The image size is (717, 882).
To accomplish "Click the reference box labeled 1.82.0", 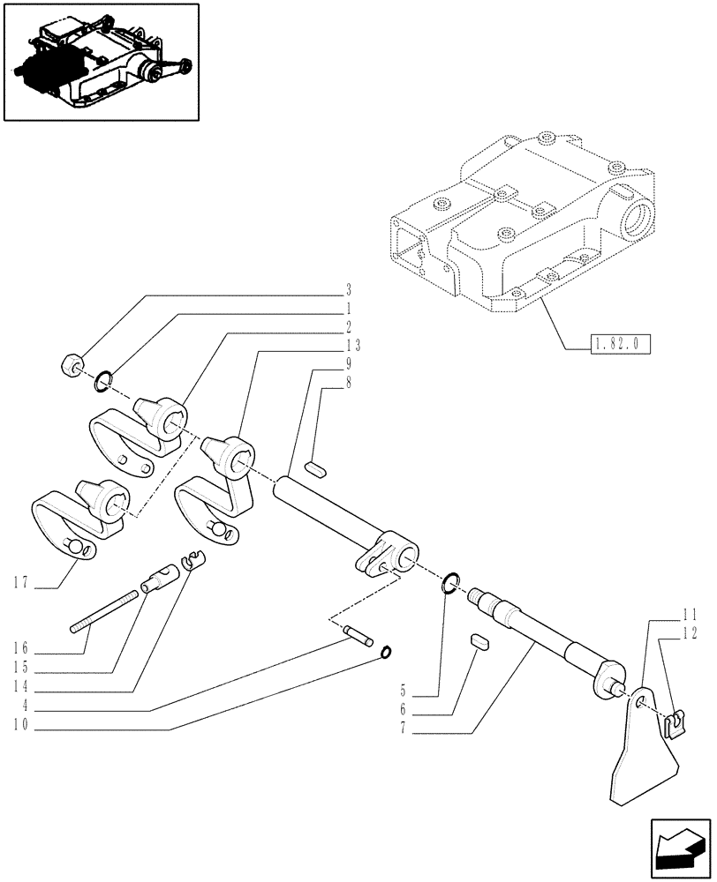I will [619, 343].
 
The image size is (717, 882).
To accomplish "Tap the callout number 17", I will [22, 583].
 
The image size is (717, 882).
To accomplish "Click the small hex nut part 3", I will [72, 363].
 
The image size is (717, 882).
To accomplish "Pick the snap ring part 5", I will [449, 583].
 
